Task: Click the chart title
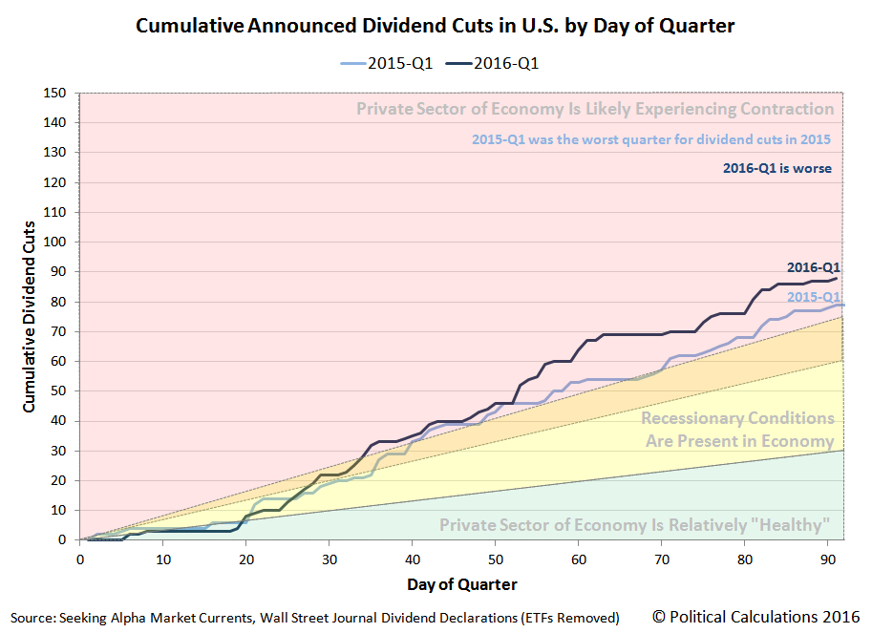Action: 435,26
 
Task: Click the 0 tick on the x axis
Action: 80,558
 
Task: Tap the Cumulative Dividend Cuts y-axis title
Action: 30,316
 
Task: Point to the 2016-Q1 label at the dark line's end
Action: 813,267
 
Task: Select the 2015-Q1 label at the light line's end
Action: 813,298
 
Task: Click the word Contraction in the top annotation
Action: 777,109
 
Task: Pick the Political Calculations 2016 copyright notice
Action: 756,616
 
